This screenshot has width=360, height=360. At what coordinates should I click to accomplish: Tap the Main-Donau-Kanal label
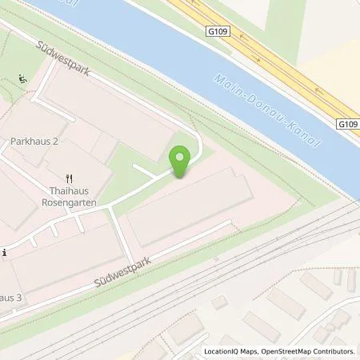pos(267,110)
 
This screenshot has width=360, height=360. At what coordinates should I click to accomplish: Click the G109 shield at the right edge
pos(346,124)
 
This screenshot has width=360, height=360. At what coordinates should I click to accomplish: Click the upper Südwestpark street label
pos(64,60)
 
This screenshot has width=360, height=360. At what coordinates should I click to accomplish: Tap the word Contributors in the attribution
pos(335,351)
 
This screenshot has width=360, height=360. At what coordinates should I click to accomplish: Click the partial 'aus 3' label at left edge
pos(8,298)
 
